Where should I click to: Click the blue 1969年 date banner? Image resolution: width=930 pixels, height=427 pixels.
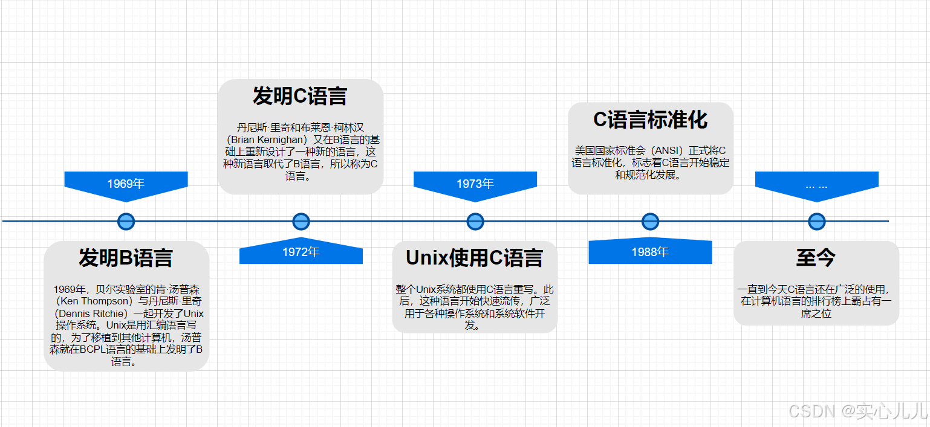coord(126,184)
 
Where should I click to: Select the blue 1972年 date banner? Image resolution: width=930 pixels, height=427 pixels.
coord(301,252)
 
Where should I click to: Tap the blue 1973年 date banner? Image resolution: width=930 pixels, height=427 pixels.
coord(475,184)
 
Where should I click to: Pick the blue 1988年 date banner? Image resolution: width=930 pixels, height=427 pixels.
coord(650,252)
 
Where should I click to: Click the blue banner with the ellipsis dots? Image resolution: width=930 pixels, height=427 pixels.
coord(816,184)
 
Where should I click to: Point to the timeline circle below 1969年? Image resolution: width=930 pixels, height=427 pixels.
coord(126,221)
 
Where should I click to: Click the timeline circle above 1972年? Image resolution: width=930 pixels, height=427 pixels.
coord(301,221)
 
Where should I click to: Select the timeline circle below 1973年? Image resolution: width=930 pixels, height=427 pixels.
coord(475,221)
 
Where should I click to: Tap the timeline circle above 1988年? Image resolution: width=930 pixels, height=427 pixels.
coord(650,221)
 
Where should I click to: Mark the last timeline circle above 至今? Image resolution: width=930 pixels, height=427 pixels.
coord(817,221)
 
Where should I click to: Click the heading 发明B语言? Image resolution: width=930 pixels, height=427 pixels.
coord(126,258)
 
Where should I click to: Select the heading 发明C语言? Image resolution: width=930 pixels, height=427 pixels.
coord(300,96)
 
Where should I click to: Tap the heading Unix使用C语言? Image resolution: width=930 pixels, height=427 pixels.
coord(474,258)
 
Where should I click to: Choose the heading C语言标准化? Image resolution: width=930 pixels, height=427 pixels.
coord(650,120)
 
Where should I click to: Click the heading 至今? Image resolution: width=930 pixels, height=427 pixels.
coord(816,258)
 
